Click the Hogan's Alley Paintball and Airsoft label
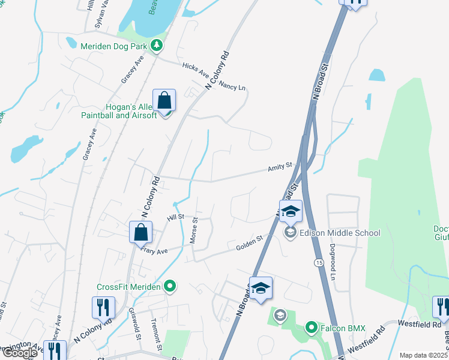(119, 111)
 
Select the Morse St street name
(194, 230)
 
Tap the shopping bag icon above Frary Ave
(140, 233)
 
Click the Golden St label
(250, 244)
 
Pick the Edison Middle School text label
(339, 233)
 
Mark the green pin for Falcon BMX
(311, 328)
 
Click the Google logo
(19, 353)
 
